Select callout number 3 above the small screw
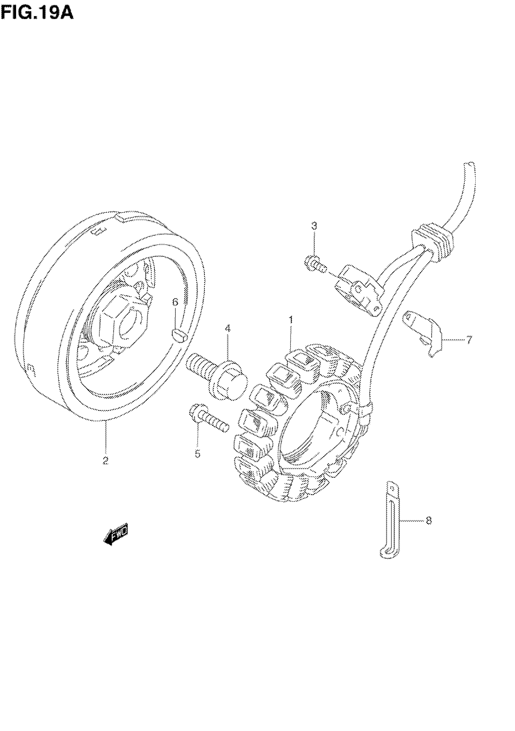click(314, 226)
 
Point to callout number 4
click(228, 328)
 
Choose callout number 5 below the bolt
click(198, 454)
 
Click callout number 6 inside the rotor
click(175, 302)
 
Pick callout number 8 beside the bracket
click(429, 521)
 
